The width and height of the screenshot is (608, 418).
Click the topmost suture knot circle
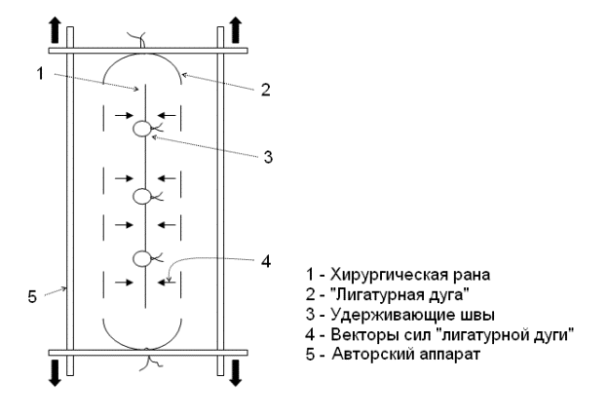point(142,128)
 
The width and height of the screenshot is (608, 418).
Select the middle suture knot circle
point(142,196)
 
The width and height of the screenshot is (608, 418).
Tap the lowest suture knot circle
point(142,259)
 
